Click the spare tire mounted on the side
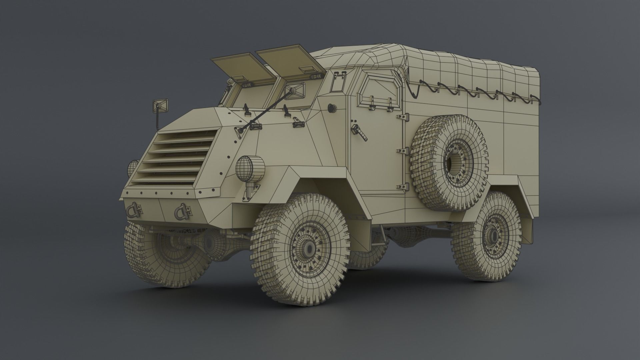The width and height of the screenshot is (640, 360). [448, 163]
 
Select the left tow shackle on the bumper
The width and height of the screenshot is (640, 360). [134, 209]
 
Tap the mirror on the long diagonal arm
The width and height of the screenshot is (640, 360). [294, 89]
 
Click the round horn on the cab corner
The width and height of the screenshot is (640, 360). [332, 108]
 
